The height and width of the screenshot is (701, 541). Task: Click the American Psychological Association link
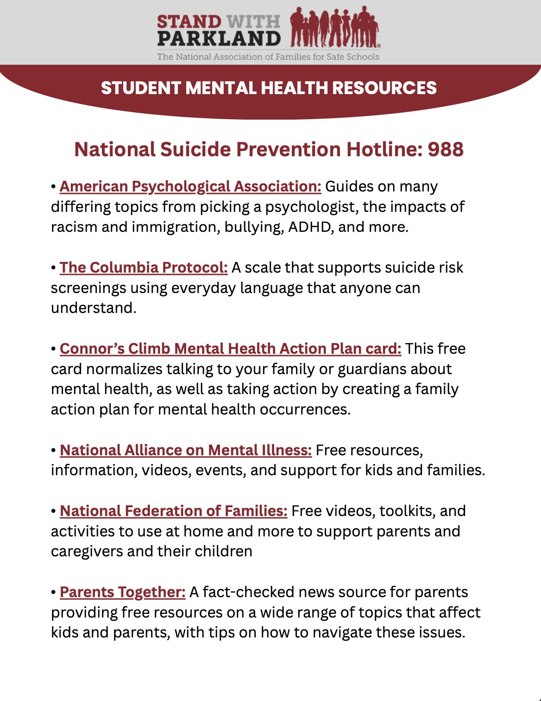click(190, 186)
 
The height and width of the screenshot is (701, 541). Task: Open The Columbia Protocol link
click(144, 268)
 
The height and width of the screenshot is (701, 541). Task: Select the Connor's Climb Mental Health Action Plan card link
click(230, 349)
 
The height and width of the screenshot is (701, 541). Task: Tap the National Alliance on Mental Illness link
click(186, 450)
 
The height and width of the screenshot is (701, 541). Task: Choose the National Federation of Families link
click(174, 511)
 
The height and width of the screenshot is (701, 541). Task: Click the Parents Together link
click(123, 592)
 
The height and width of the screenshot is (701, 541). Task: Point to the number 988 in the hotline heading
click(446, 149)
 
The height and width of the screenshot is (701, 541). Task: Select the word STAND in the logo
click(189, 21)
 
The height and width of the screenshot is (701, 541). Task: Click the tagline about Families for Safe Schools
click(268, 57)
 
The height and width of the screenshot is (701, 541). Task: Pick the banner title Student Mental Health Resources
click(269, 88)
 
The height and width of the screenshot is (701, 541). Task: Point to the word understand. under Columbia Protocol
click(94, 308)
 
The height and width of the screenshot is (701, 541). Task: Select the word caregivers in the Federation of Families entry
click(87, 551)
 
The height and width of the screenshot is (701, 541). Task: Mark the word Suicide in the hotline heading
click(195, 149)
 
